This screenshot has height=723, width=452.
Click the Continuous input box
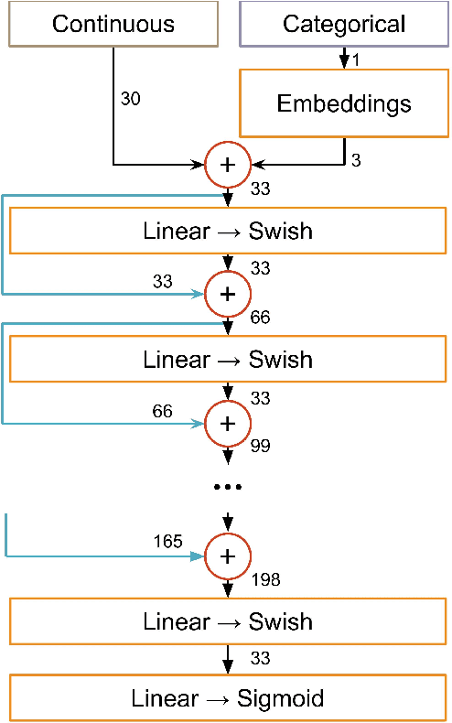(x=113, y=24)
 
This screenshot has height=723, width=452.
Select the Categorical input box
(x=344, y=24)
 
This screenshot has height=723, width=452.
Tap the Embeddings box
(x=344, y=103)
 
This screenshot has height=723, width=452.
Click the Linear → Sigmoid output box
(x=227, y=698)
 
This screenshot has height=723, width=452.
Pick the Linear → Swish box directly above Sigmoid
(x=227, y=622)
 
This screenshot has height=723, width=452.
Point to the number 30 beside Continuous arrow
(x=131, y=99)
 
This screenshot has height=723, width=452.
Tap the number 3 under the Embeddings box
(x=356, y=160)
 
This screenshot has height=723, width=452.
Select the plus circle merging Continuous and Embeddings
(x=228, y=166)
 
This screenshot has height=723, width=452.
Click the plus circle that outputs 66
(x=228, y=294)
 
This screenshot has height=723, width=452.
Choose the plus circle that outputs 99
(x=228, y=423)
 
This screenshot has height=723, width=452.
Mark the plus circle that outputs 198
(x=228, y=556)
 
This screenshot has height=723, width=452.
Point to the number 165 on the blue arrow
(x=169, y=542)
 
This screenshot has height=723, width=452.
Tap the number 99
(x=261, y=447)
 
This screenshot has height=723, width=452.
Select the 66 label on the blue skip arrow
(x=163, y=411)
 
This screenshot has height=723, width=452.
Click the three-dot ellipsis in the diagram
(x=227, y=487)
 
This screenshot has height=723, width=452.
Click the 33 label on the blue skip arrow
(x=163, y=282)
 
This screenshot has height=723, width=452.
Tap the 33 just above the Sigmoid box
(x=261, y=658)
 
